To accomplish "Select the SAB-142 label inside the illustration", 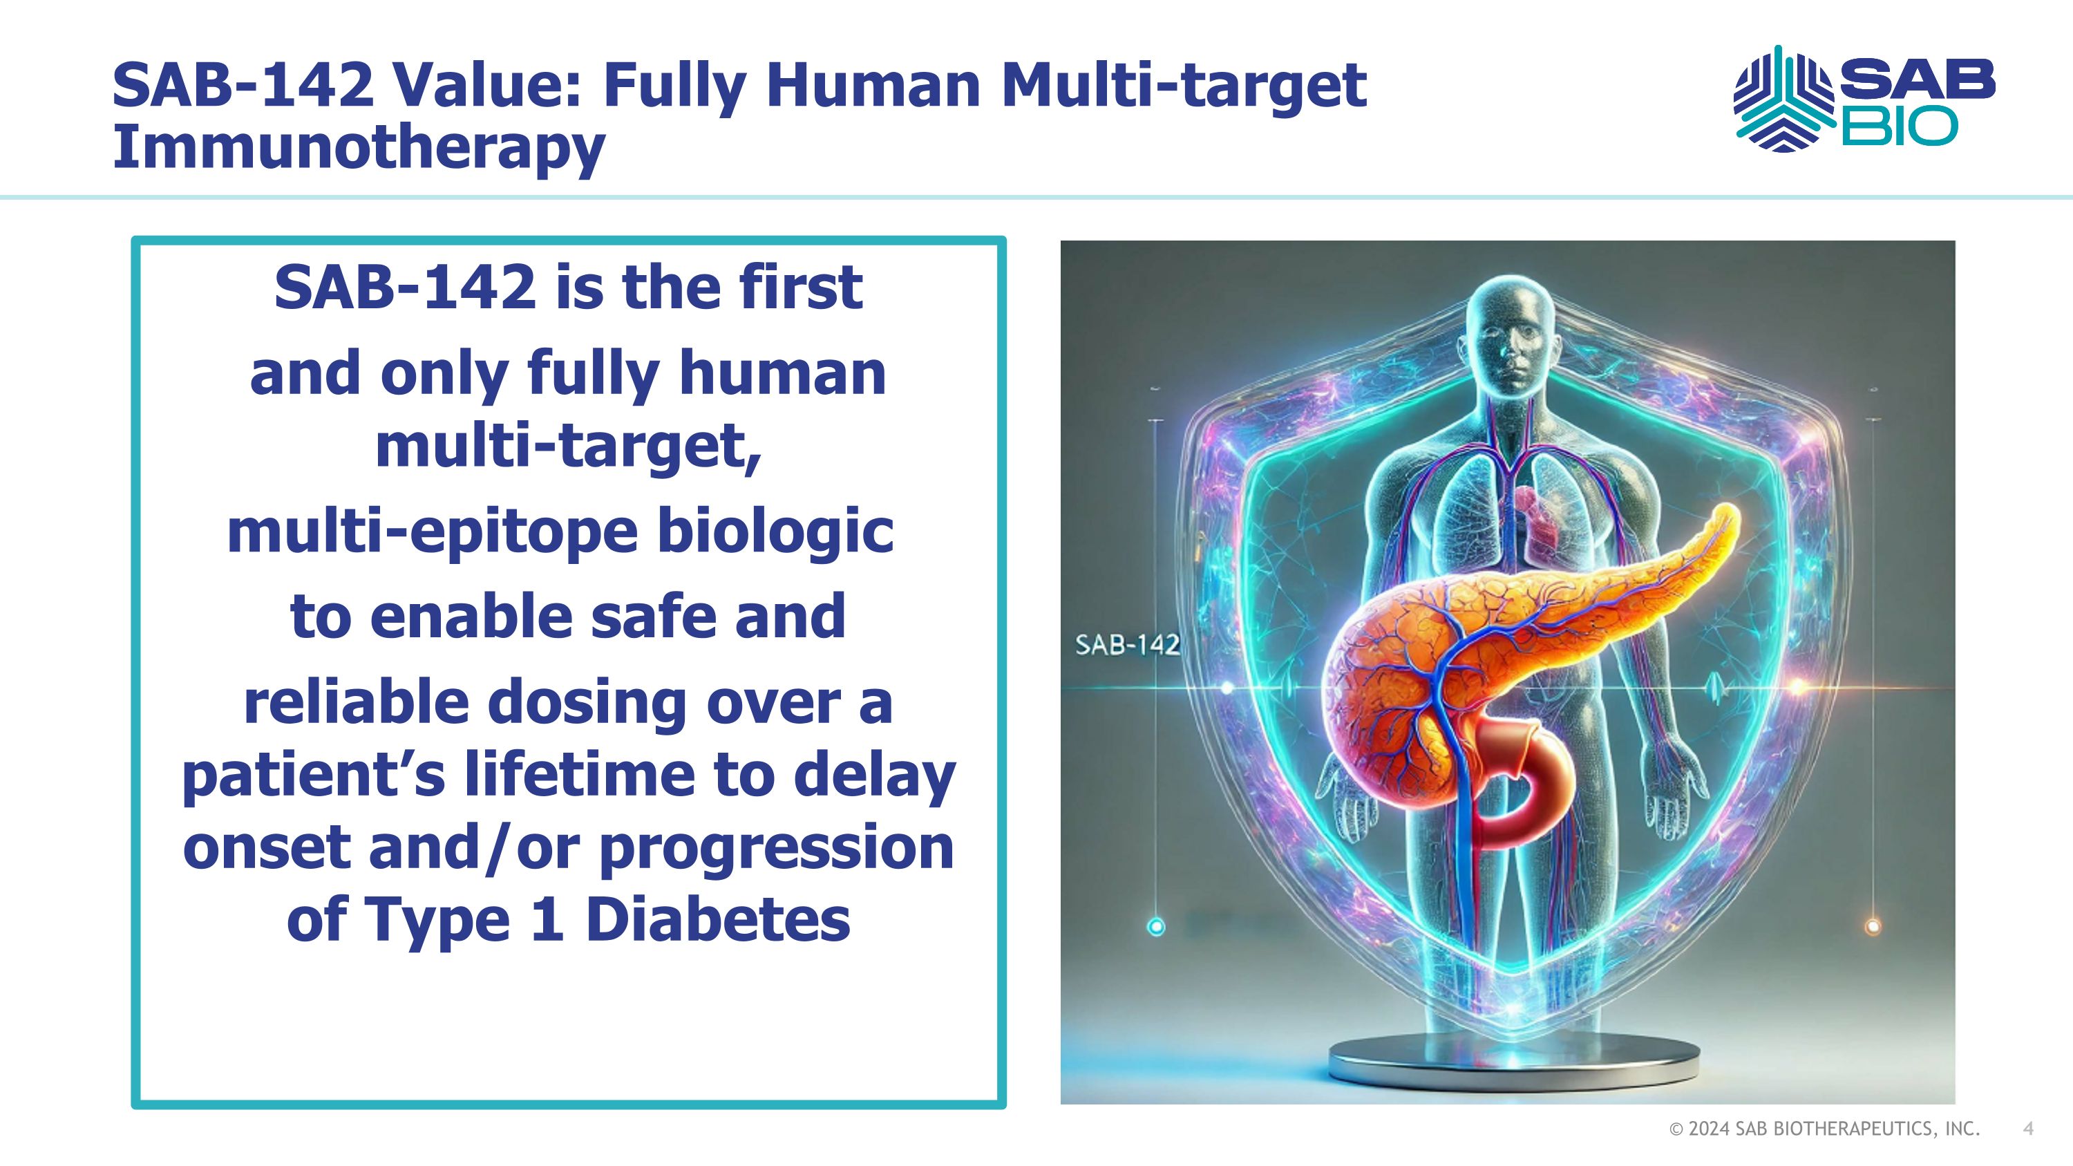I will pos(1126,645).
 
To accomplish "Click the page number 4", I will pos(2028,1129).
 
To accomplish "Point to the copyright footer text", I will pos(1824,1129).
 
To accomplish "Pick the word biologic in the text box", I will pos(775,532).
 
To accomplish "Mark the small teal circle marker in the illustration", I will pos(1155,927).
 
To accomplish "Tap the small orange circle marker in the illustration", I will pos(1873,927).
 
